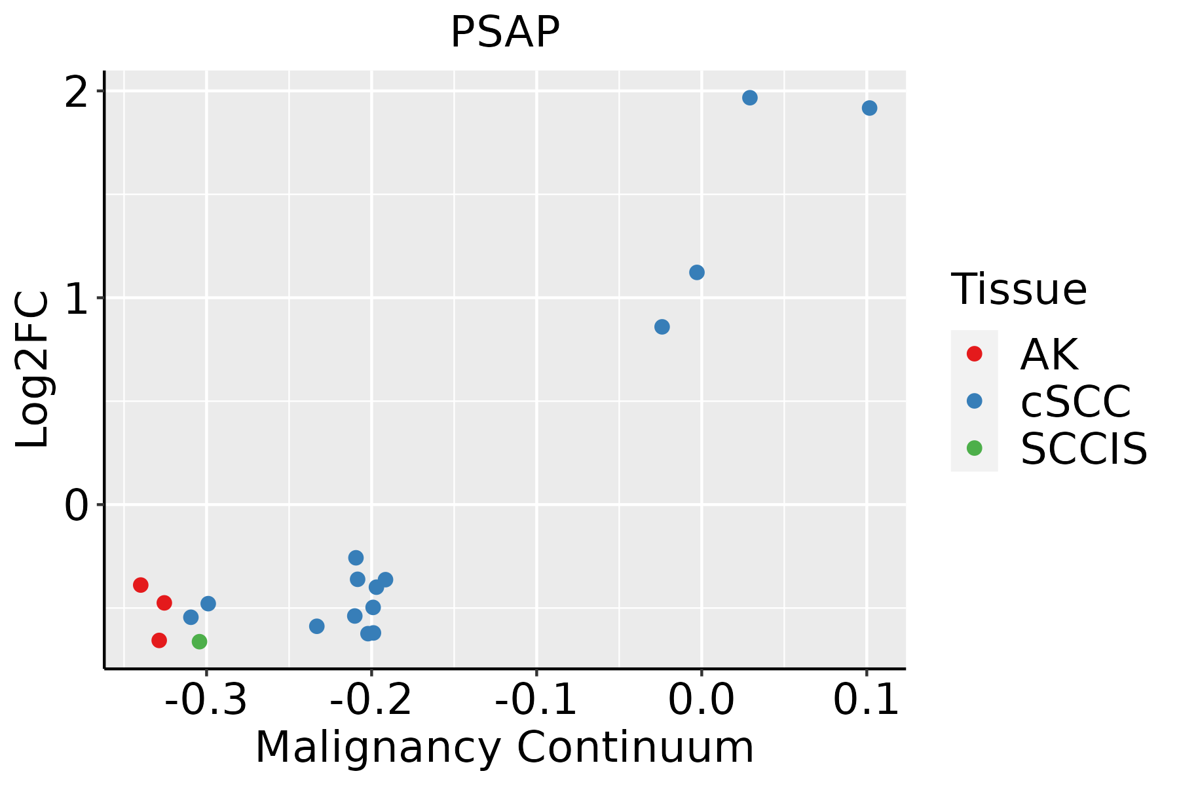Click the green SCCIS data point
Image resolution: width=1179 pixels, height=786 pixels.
tap(200, 641)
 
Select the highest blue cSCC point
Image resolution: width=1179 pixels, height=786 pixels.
tap(750, 98)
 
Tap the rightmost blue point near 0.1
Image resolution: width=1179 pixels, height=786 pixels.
tap(869, 108)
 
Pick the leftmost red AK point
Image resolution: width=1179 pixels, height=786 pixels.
tap(141, 585)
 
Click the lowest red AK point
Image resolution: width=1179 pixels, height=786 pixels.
tap(159, 640)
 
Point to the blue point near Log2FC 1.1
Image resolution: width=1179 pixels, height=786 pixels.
tap(697, 272)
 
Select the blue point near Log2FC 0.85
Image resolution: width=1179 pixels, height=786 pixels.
tap(662, 327)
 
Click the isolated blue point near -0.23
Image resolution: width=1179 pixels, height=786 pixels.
tap(317, 626)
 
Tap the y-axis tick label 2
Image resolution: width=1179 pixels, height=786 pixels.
tap(77, 92)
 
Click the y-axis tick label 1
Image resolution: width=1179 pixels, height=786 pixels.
tap(77, 299)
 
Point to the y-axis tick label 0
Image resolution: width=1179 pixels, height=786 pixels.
tap(77, 506)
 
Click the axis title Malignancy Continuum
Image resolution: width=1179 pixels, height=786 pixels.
tap(504, 747)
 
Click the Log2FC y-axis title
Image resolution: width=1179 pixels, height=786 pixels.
tap(33, 369)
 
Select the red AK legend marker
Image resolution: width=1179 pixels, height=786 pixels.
tap(974, 354)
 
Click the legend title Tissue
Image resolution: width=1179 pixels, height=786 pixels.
tap(1019, 290)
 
